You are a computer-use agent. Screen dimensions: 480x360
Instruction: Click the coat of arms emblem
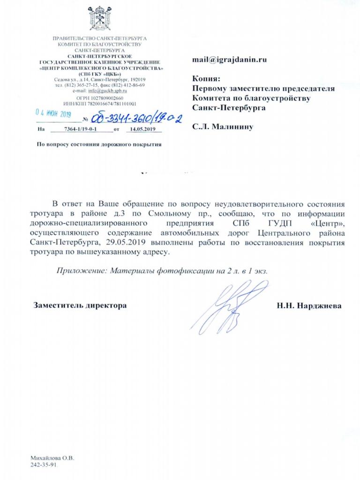pos(99,18)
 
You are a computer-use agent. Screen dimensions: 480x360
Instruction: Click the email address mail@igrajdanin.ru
pos(230,60)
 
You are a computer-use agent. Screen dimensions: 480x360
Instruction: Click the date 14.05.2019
pos(142,129)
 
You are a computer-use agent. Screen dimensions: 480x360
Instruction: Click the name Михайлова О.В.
pos(52,457)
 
